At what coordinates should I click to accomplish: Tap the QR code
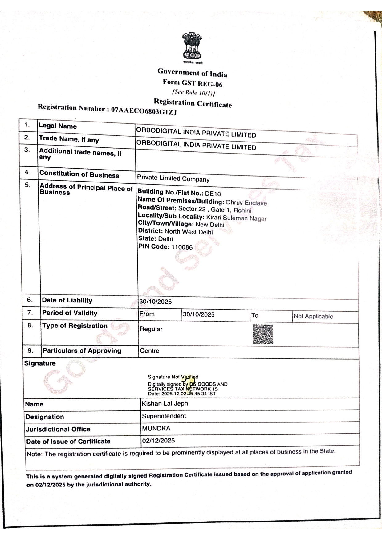[263, 334]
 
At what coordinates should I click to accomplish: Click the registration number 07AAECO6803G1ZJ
[144, 110]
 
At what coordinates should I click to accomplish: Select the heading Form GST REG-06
[193, 83]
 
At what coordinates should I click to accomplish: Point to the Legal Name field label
[58, 126]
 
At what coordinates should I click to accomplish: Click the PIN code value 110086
[182, 247]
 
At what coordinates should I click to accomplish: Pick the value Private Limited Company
[173, 178]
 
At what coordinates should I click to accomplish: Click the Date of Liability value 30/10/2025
[155, 302]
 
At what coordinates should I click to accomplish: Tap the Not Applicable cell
[313, 316]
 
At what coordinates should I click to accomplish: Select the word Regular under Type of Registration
[151, 329]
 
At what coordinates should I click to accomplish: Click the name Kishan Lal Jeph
[165, 403]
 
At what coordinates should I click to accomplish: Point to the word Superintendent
[164, 416]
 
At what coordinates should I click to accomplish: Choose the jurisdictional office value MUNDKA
[156, 428]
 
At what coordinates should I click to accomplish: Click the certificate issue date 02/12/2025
[158, 441]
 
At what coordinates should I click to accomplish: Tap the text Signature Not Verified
[173, 377]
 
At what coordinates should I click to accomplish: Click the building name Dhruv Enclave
[246, 203]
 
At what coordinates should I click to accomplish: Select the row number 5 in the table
[28, 185]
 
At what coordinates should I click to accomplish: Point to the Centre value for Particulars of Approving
[149, 351]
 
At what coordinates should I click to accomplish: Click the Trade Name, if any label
[69, 139]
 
